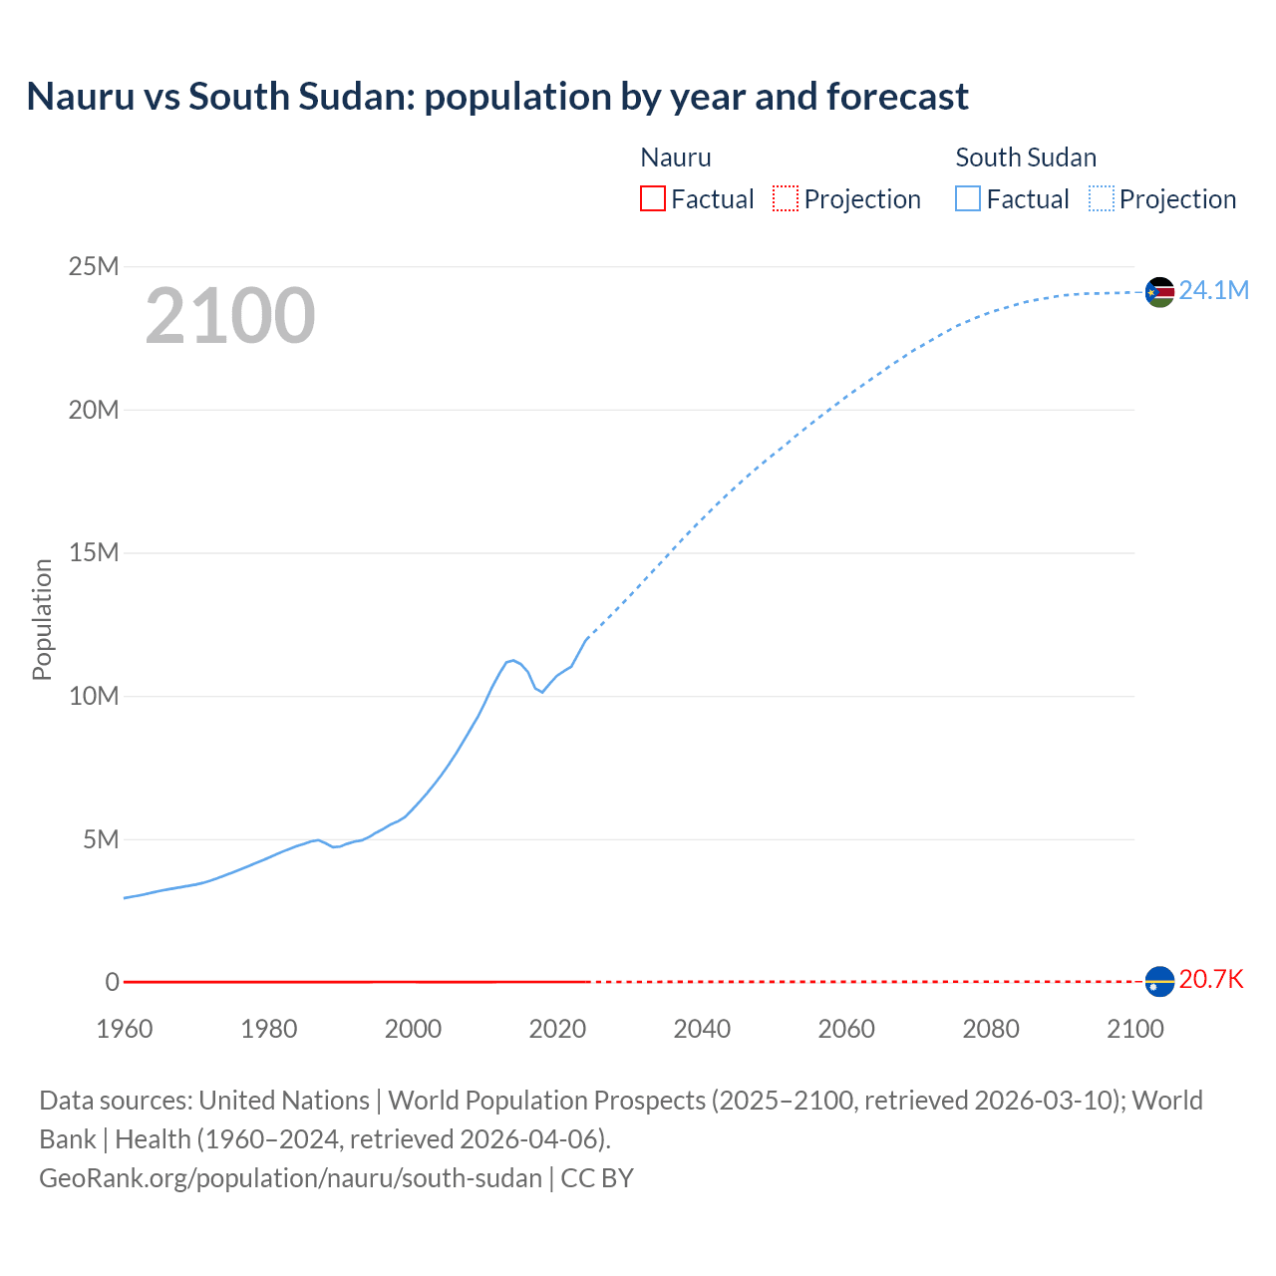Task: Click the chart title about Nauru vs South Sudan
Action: pos(497,97)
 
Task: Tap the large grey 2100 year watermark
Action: pos(230,316)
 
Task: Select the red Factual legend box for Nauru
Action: pos(652,198)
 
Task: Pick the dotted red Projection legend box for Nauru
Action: pos(786,198)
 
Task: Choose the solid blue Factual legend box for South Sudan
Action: pos(967,198)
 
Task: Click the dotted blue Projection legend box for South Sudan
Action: pos(1101,198)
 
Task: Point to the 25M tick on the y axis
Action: pos(94,266)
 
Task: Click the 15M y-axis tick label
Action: pos(94,552)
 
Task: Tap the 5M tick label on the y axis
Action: pos(101,839)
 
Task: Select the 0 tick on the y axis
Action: pos(113,982)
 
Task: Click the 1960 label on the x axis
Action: pos(125,1029)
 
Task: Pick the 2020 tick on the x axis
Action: pos(557,1029)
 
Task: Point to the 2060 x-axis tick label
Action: pos(846,1029)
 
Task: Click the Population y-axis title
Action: pos(42,619)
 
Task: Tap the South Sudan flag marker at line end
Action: pos(1159,292)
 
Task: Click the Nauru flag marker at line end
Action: pos(1159,982)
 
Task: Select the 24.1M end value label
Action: pos(1213,290)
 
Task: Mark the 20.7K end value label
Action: pos(1211,980)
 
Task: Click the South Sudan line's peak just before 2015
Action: pos(512,660)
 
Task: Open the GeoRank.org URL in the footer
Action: pos(290,1177)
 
